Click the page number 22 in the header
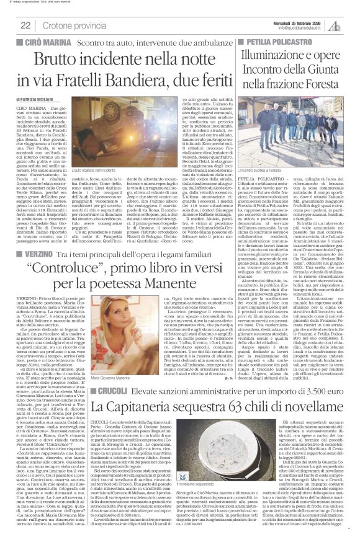[x=25, y=25]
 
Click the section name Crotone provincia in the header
[x=70, y=25]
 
